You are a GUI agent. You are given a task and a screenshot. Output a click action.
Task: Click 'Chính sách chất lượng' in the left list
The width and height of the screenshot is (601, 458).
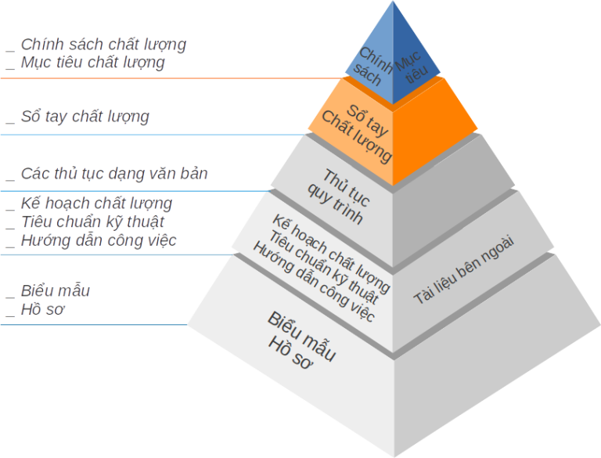pyautogui.click(x=103, y=45)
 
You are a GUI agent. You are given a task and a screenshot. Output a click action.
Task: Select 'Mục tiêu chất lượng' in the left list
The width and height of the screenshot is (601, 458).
pyautogui.click(x=93, y=63)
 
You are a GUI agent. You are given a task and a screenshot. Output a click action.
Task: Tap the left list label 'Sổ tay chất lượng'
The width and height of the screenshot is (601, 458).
pyautogui.click(x=85, y=117)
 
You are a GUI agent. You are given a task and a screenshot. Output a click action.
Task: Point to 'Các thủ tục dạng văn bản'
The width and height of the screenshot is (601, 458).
pyautogui.click(x=114, y=173)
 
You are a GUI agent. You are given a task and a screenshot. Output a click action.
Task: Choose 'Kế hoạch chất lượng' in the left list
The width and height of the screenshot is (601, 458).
pyautogui.click(x=96, y=204)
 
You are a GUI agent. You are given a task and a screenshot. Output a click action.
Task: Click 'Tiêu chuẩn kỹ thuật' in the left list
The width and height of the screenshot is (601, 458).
pyautogui.click(x=92, y=222)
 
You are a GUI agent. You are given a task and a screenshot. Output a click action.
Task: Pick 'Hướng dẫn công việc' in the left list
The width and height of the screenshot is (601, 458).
pyautogui.click(x=98, y=240)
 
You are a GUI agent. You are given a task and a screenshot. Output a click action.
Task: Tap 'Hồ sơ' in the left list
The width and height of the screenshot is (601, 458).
pyautogui.click(x=43, y=310)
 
